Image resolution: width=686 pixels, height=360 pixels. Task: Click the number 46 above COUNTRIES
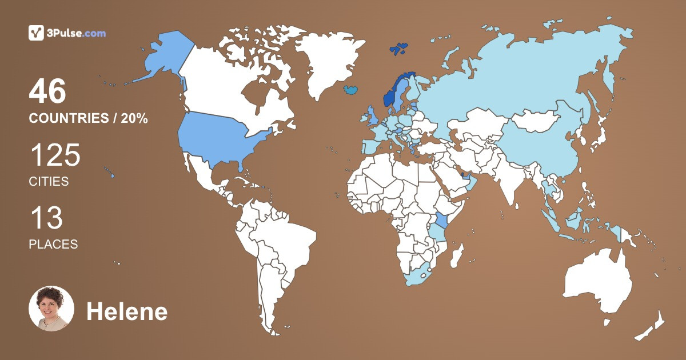48,91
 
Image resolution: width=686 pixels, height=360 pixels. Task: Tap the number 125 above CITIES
55,155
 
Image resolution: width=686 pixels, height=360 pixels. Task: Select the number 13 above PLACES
46,219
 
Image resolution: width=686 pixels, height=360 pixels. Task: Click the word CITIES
49,182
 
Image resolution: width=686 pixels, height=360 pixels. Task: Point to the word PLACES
53,244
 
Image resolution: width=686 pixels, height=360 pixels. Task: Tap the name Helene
127,312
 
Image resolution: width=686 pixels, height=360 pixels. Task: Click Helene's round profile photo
51,309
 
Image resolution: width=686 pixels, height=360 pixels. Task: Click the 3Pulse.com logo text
77,33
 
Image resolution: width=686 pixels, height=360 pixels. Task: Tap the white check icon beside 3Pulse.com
37,33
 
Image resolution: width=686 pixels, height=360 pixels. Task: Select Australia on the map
597,283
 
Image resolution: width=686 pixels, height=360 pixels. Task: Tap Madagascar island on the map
456,255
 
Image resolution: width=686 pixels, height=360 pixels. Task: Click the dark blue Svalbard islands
398,49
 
